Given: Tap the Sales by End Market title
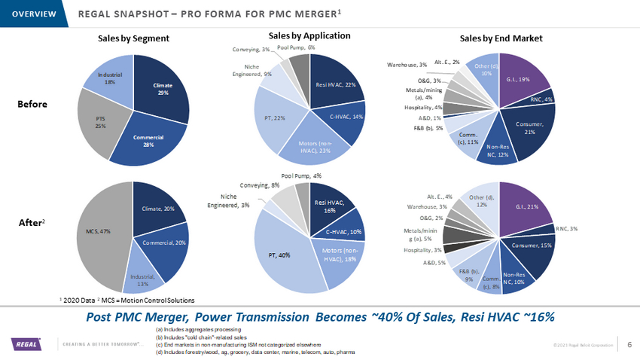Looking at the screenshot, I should pos(501,38).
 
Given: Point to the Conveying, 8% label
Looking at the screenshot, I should pos(260,185).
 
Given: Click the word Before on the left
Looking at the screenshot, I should pos(32,105).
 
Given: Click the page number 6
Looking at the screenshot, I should pos(629,344).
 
